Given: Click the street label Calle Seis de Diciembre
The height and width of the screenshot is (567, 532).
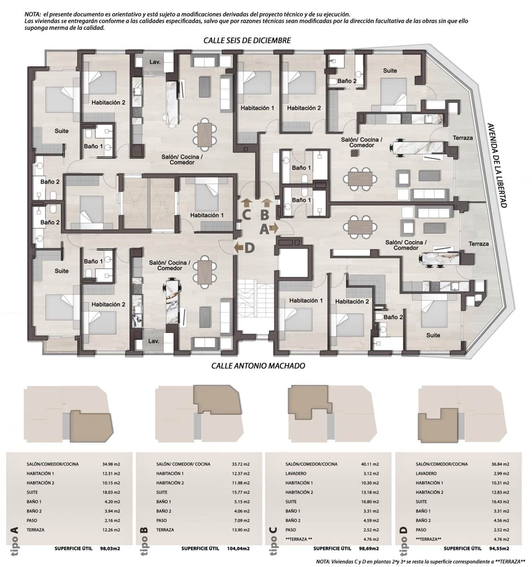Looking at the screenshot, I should coord(247,41).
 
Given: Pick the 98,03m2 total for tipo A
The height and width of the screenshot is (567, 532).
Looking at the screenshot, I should coord(109,548).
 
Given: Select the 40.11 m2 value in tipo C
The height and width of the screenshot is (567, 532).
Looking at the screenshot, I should coord(370,464).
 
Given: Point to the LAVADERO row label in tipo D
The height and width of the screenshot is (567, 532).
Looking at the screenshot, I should coord(426,473).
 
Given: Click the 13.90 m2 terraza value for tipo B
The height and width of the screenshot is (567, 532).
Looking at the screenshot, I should coord(240,530).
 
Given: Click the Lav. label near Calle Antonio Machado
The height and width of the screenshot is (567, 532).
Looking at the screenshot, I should coord(154,341).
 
